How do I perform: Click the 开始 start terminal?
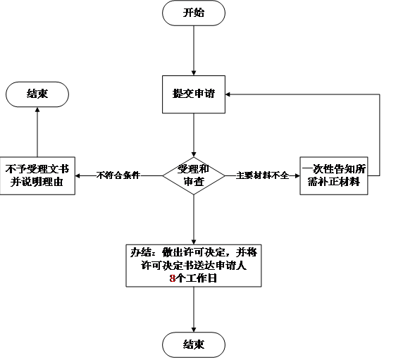tap(194, 13)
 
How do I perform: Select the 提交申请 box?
tap(194, 94)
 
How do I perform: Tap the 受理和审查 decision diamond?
tap(194, 175)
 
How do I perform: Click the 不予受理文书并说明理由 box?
tap(37, 175)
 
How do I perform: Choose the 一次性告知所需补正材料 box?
tap(334, 175)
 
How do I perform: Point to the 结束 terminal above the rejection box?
tap(37, 94)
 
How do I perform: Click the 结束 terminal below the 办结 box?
tap(194, 345)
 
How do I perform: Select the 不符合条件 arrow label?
tap(118, 175)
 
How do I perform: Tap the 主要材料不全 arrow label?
tap(262, 175)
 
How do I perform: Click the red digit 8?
tap(173, 278)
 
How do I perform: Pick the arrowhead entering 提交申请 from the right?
tap(228, 94)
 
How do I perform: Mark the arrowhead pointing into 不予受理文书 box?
tap(78, 175)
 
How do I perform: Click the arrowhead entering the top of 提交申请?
tap(194, 73)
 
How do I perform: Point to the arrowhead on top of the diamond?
tap(194, 154)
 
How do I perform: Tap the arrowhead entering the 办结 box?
tap(194, 242)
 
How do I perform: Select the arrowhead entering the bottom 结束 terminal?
tap(194, 330)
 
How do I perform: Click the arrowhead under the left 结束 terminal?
tap(37, 109)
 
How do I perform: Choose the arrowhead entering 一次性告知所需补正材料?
tap(297, 175)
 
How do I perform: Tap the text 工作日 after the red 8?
tap(202, 278)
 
